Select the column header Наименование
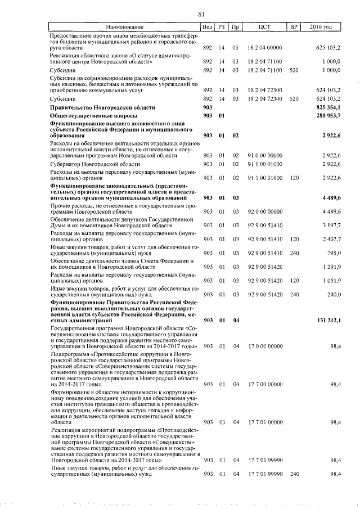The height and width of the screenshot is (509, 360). point(124,27)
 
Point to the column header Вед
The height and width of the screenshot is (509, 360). point(207,27)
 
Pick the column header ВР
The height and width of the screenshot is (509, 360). point(293,27)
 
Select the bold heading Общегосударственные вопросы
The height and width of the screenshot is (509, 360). point(94,116)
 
